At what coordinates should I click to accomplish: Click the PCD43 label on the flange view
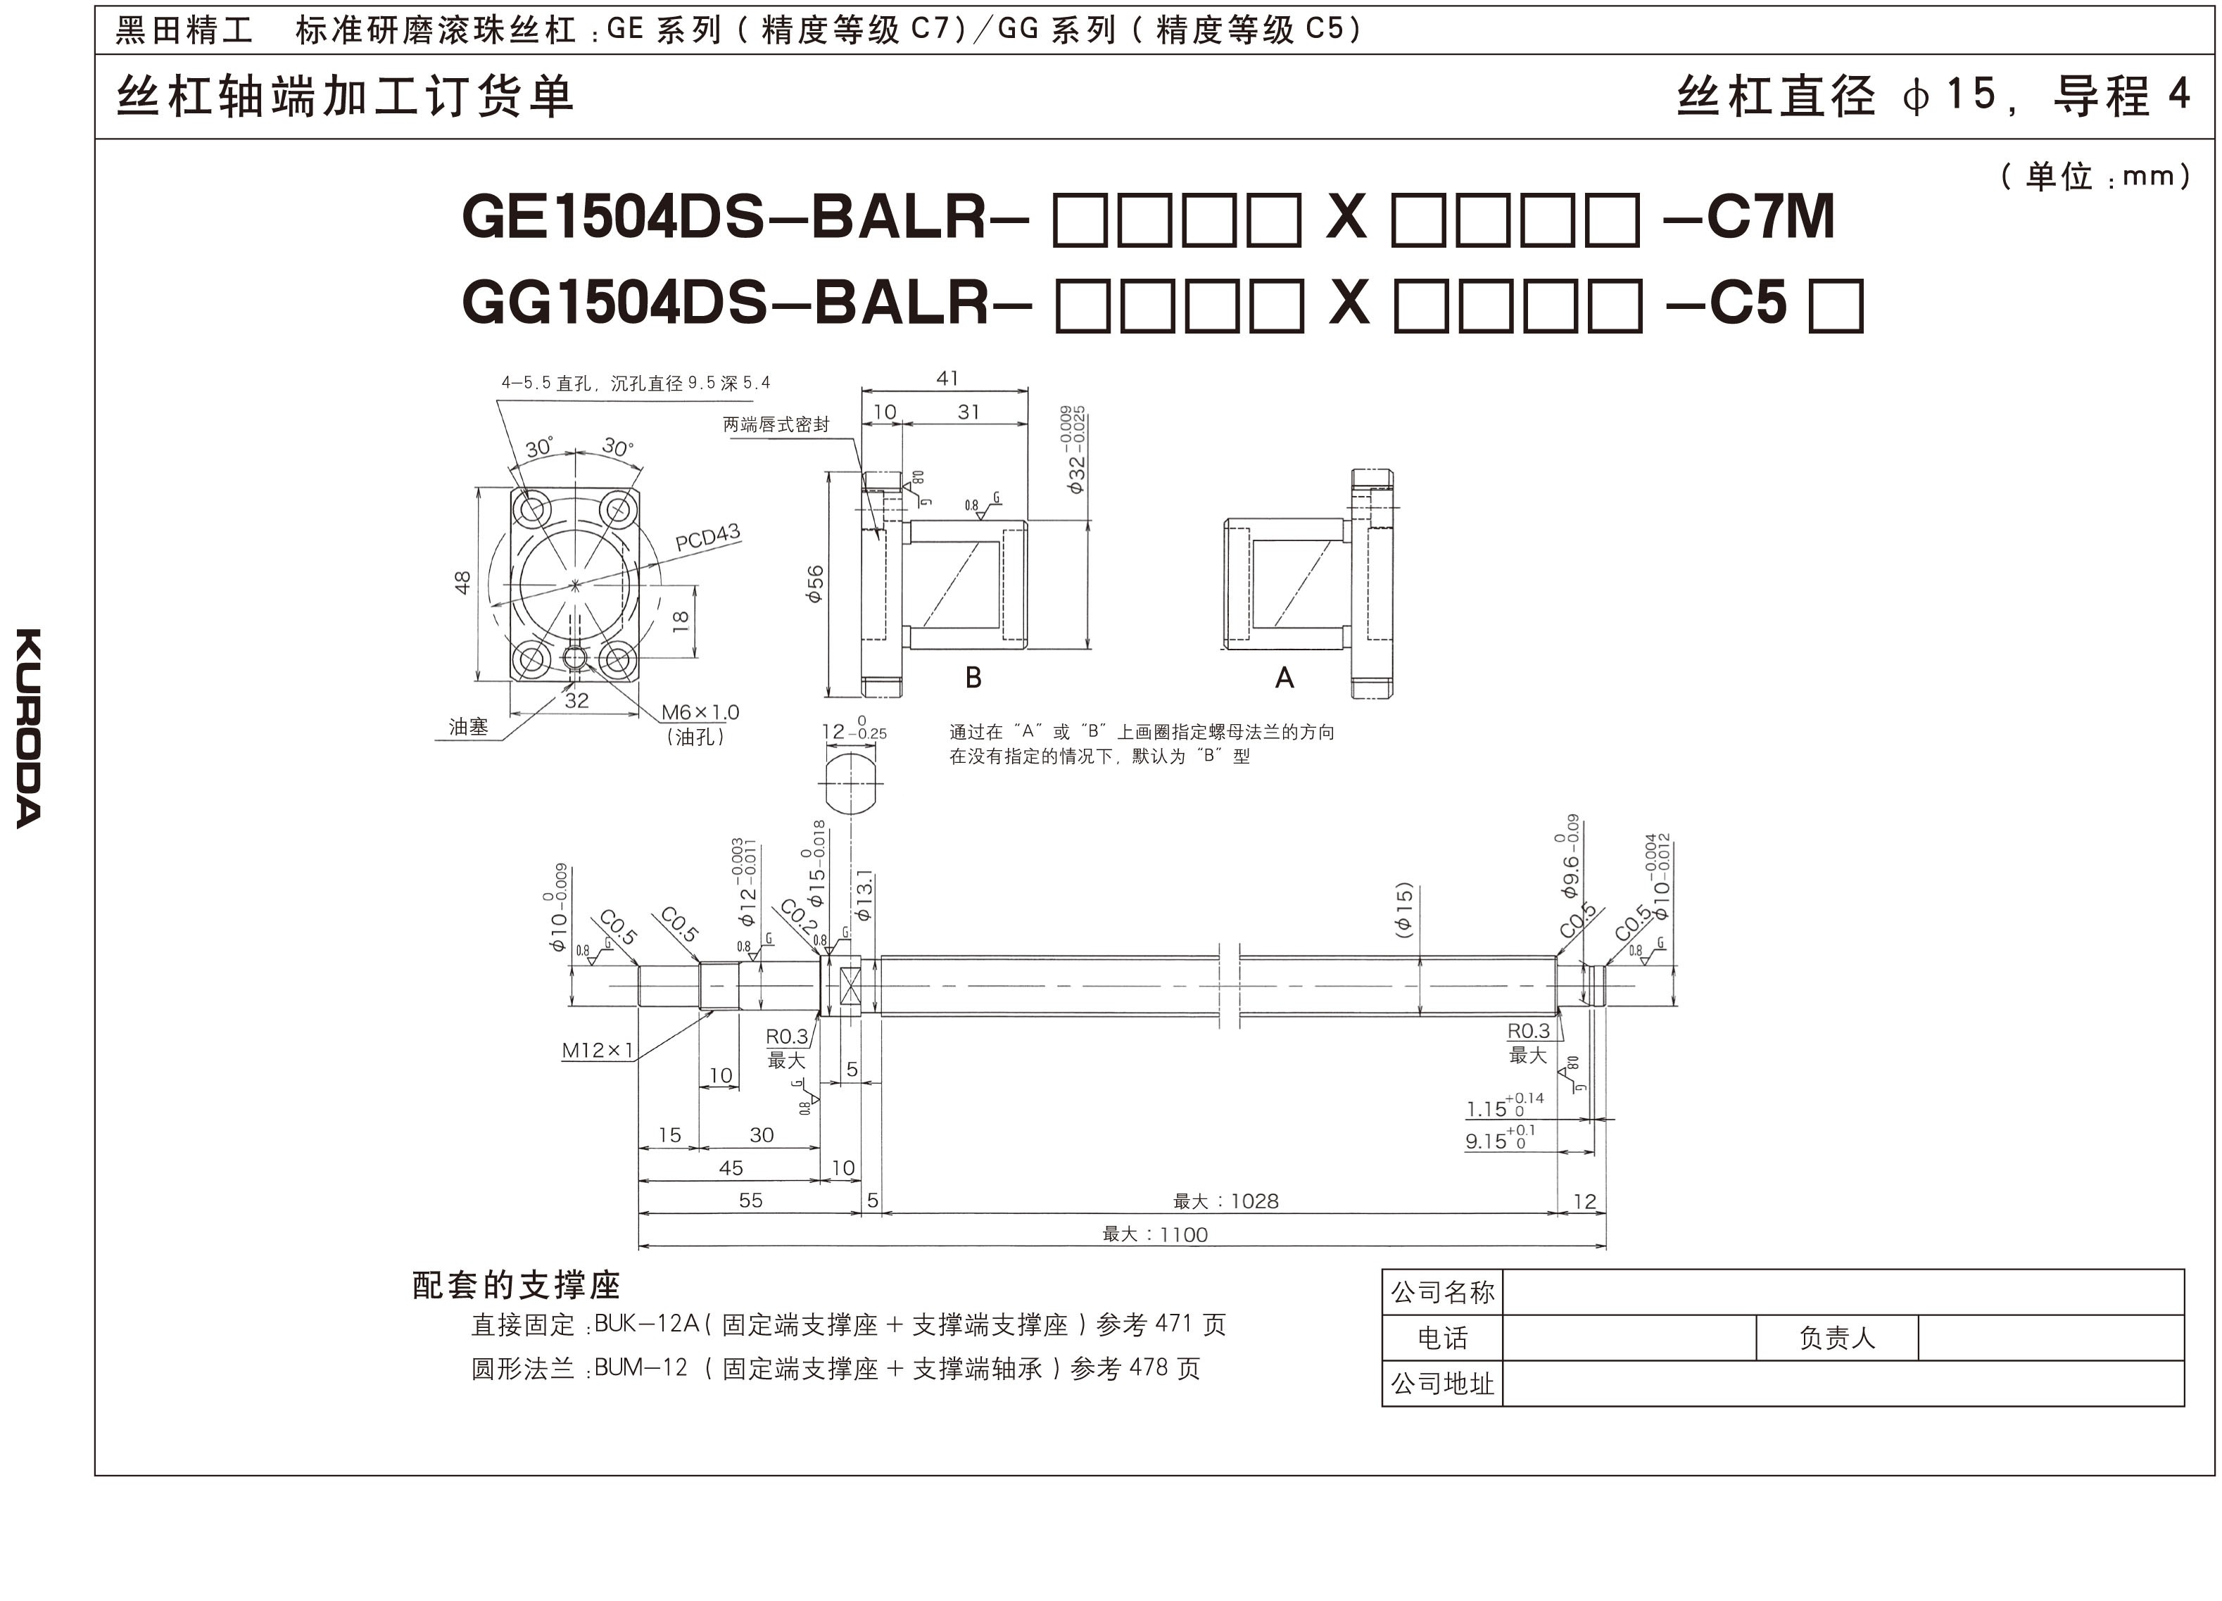coord(707,537)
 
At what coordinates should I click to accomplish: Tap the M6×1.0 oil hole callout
coord(700,712)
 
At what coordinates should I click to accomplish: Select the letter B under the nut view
coord(973,677)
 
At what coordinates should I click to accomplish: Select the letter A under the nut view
coord(1284,677)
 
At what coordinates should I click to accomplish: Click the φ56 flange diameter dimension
coord(815,584)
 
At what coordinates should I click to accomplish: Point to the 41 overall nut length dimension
coord(947,378)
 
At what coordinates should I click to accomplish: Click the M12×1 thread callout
coord(598,1051)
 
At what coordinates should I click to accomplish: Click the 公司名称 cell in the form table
coord(1442,1292)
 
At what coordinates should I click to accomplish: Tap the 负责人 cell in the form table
coord(1836,1339)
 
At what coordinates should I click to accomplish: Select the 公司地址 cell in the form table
coord(1442,1384)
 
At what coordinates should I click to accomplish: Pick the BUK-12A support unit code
coord(647,1324)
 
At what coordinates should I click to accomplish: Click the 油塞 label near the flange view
coord(468,726)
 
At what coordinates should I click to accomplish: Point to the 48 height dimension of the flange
coord(462,583)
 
